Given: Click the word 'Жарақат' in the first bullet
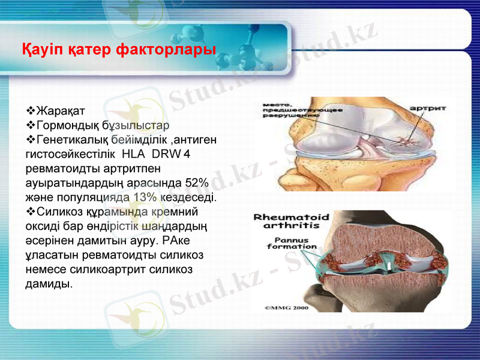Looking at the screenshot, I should pos(61,112).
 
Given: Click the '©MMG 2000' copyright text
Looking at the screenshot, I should pos(287,307).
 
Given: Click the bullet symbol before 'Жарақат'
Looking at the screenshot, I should pos(31,112).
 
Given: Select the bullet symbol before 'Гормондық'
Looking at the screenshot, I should pos(31,126).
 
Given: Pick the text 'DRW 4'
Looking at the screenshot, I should pos(171,154).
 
